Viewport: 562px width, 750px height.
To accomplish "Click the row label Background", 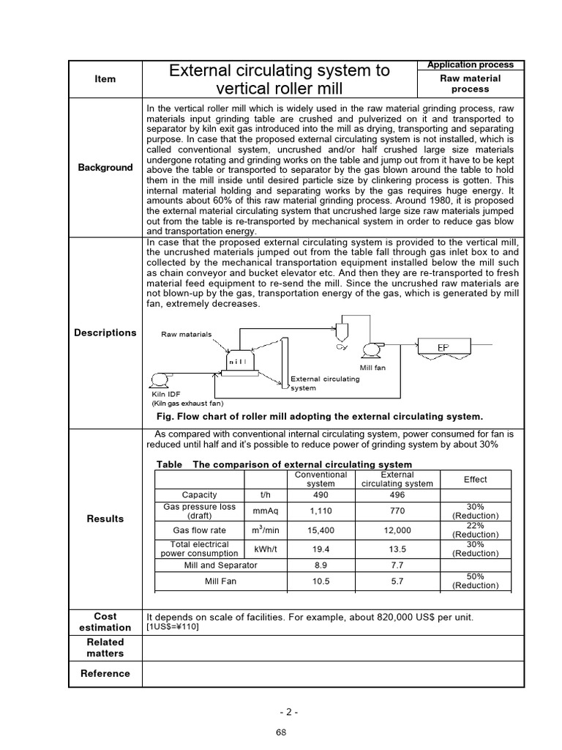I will pyautogui.click(x=105, y=168).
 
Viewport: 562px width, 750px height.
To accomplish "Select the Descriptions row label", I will pyautogui.click(x=105, y=333).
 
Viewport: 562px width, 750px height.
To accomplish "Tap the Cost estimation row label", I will pyautogui.click(x=105, y=622).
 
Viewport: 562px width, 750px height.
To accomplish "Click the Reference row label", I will pyautogui.click(x=105, y=674).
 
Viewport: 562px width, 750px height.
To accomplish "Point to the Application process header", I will pyautogui.click(x=471, y=65).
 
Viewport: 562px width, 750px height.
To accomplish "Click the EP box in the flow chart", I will pyautogui.click(x=443, y=346).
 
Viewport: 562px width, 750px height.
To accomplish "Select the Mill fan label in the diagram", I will pyautogui.click(x=372, y=368).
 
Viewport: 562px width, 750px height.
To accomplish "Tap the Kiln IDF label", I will pyautogui.click(x=165, y=394).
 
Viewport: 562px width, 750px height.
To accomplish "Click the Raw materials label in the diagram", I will pyautogui.click(x=186, y=334).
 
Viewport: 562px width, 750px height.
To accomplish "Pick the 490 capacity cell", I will pyautogui.click(x=321, y=495).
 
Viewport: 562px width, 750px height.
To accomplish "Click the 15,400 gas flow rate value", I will pyautogui.click(x=321, y=530).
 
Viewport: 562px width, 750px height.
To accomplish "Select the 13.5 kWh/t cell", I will pyautogui.click(x=397, y=549).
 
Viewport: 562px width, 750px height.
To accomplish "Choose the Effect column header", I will pyautogui.click(x=475, y=480).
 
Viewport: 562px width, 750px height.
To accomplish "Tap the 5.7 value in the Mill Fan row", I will pyautogui.click(x=397, y=582).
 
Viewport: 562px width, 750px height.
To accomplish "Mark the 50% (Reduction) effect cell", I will pyautogui.click(x=475, y=582).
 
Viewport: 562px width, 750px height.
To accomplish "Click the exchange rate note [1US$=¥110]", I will pyautogui.click(x=173, y=627).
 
